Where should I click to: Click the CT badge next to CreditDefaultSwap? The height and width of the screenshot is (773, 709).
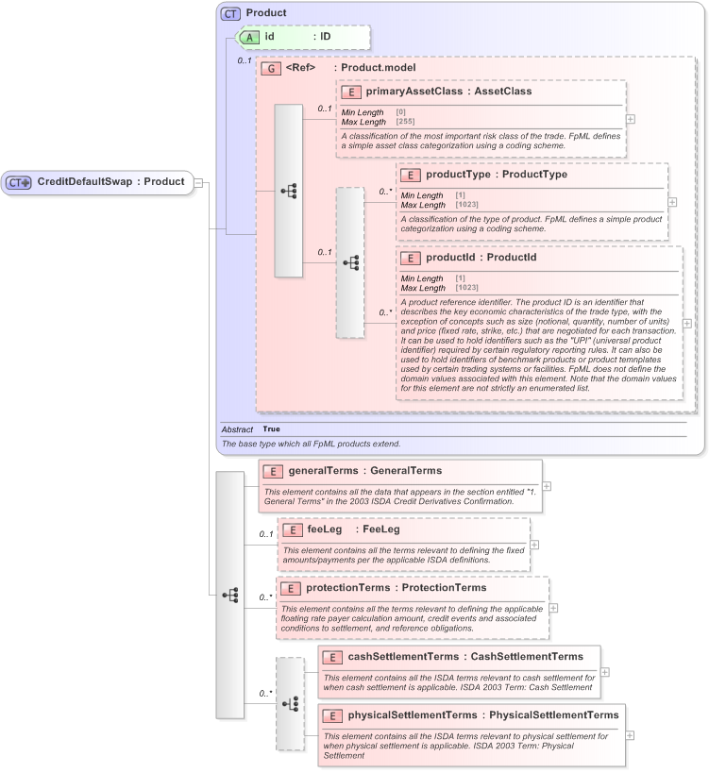pos(19,182)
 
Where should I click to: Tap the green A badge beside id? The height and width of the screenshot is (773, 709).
pos(249,37)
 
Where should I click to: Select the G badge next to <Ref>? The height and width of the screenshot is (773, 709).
pos(271,69)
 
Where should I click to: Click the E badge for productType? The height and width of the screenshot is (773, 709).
pos(411,175)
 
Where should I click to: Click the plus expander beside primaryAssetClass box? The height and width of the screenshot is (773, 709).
pos(631,119)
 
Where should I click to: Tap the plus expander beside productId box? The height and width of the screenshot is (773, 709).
pos(686,323)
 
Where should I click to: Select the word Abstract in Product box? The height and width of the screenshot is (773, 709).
pos(237,429)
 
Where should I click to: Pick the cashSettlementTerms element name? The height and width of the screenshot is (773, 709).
pos(403,656)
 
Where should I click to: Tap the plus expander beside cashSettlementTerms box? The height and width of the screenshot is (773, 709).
pos(605,672)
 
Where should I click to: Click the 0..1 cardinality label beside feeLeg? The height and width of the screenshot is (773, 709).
pos(266,535)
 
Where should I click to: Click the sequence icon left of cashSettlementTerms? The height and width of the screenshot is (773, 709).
pos(290,703)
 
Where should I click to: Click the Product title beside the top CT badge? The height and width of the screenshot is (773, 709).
pos(266,13)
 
